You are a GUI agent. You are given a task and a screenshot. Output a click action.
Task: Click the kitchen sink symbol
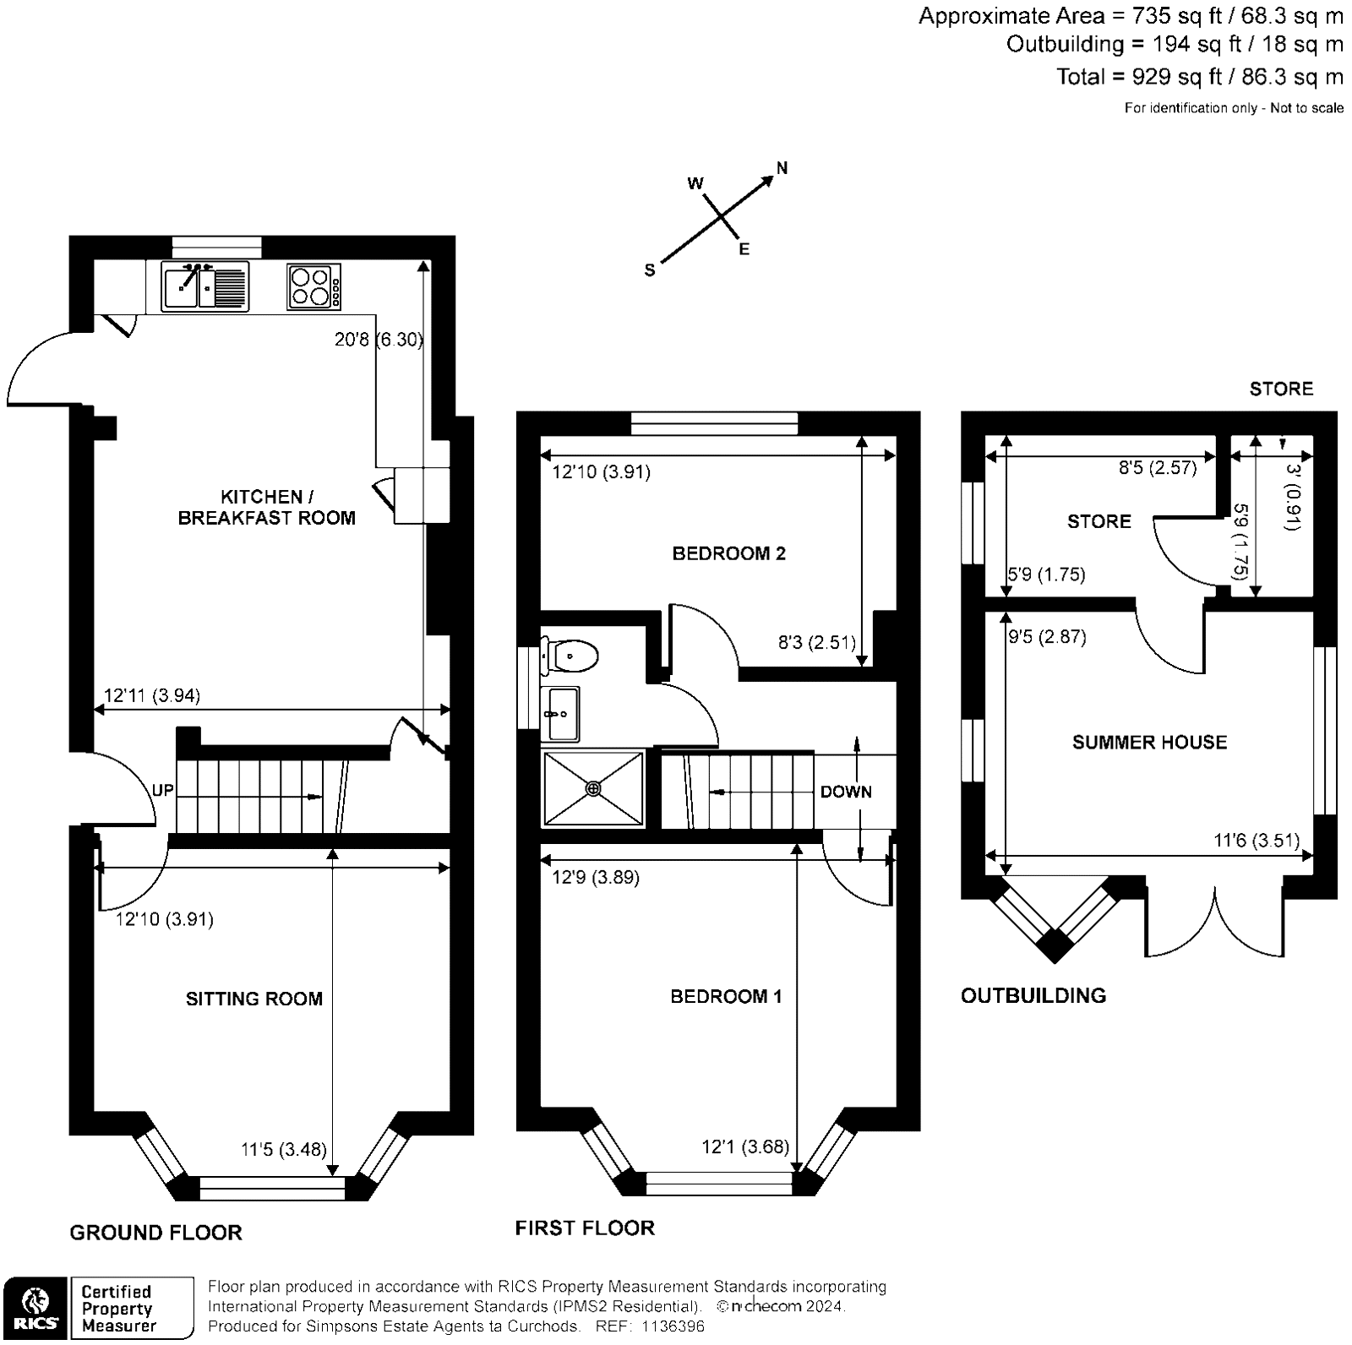(x=204, y=286)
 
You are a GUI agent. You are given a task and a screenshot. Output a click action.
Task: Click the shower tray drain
(x=593, y=788)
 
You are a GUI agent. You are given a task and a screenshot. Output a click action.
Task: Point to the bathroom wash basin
(x=560, y=714)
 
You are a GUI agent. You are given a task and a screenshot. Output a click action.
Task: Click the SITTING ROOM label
(x=253, y=999)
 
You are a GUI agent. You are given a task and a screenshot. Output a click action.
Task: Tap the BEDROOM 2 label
(x=728, y=553)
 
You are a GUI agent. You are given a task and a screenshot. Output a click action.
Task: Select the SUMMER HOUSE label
(x=1148, y=742)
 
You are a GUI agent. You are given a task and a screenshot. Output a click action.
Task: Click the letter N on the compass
(x=782, y=168)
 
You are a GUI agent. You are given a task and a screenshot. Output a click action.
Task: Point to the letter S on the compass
(x=650, y=270)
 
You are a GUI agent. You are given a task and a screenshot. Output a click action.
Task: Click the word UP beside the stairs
(x=162, y=790)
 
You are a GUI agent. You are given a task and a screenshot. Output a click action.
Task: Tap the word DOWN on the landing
(x=846, y=792)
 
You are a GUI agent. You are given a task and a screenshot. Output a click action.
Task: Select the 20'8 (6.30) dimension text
(x=378, y=340)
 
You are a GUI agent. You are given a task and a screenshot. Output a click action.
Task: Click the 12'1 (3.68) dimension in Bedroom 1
(x=745, y=1146)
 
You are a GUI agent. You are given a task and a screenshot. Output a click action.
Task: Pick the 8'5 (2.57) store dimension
(x=1158, y=467)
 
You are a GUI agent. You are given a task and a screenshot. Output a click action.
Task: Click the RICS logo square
(x=36, y=1308)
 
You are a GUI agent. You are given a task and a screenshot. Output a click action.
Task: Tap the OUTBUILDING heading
(x=1033, y=995)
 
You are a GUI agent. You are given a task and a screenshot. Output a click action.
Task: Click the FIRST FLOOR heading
(x=585, y=1228)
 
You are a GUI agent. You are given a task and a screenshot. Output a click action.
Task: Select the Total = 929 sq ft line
(x=1199, y=77)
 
